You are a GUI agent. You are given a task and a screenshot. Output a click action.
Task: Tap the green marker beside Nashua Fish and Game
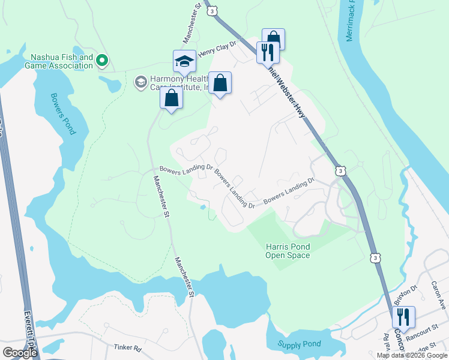click(x=102, y=60)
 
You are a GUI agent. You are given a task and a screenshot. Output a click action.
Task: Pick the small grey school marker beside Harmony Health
click(x=140, y=82)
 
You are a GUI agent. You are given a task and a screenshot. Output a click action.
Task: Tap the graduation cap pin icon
click(x=184, y=61)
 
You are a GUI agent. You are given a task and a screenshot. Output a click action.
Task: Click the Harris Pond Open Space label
click(x=288, y=251)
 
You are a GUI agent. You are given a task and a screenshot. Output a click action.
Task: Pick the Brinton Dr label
click(x=406, y=298)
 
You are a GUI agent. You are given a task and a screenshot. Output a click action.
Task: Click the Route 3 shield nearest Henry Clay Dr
click(x=211, y=10)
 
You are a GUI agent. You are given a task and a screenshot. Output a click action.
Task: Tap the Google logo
click(x=20, y=353)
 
